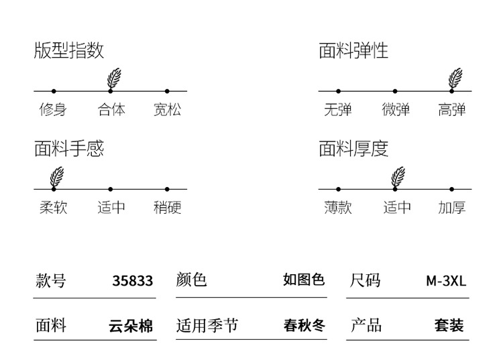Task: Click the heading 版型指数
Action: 69,51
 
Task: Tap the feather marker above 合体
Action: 113,78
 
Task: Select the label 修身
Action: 53,109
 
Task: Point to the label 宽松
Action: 167,109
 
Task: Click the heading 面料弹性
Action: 353,51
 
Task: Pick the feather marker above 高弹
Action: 455,78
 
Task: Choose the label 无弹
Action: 338,109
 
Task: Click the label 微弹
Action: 396,109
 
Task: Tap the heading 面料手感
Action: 69,149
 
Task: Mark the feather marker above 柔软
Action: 57,176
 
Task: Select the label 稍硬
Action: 167,208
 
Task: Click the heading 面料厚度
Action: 353,149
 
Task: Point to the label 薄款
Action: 338,208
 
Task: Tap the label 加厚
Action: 452,208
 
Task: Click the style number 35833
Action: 133,281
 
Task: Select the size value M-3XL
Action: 446,281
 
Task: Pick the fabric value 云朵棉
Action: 131,326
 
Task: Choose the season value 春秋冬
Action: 304,326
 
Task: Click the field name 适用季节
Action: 207,326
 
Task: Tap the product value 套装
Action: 449,326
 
